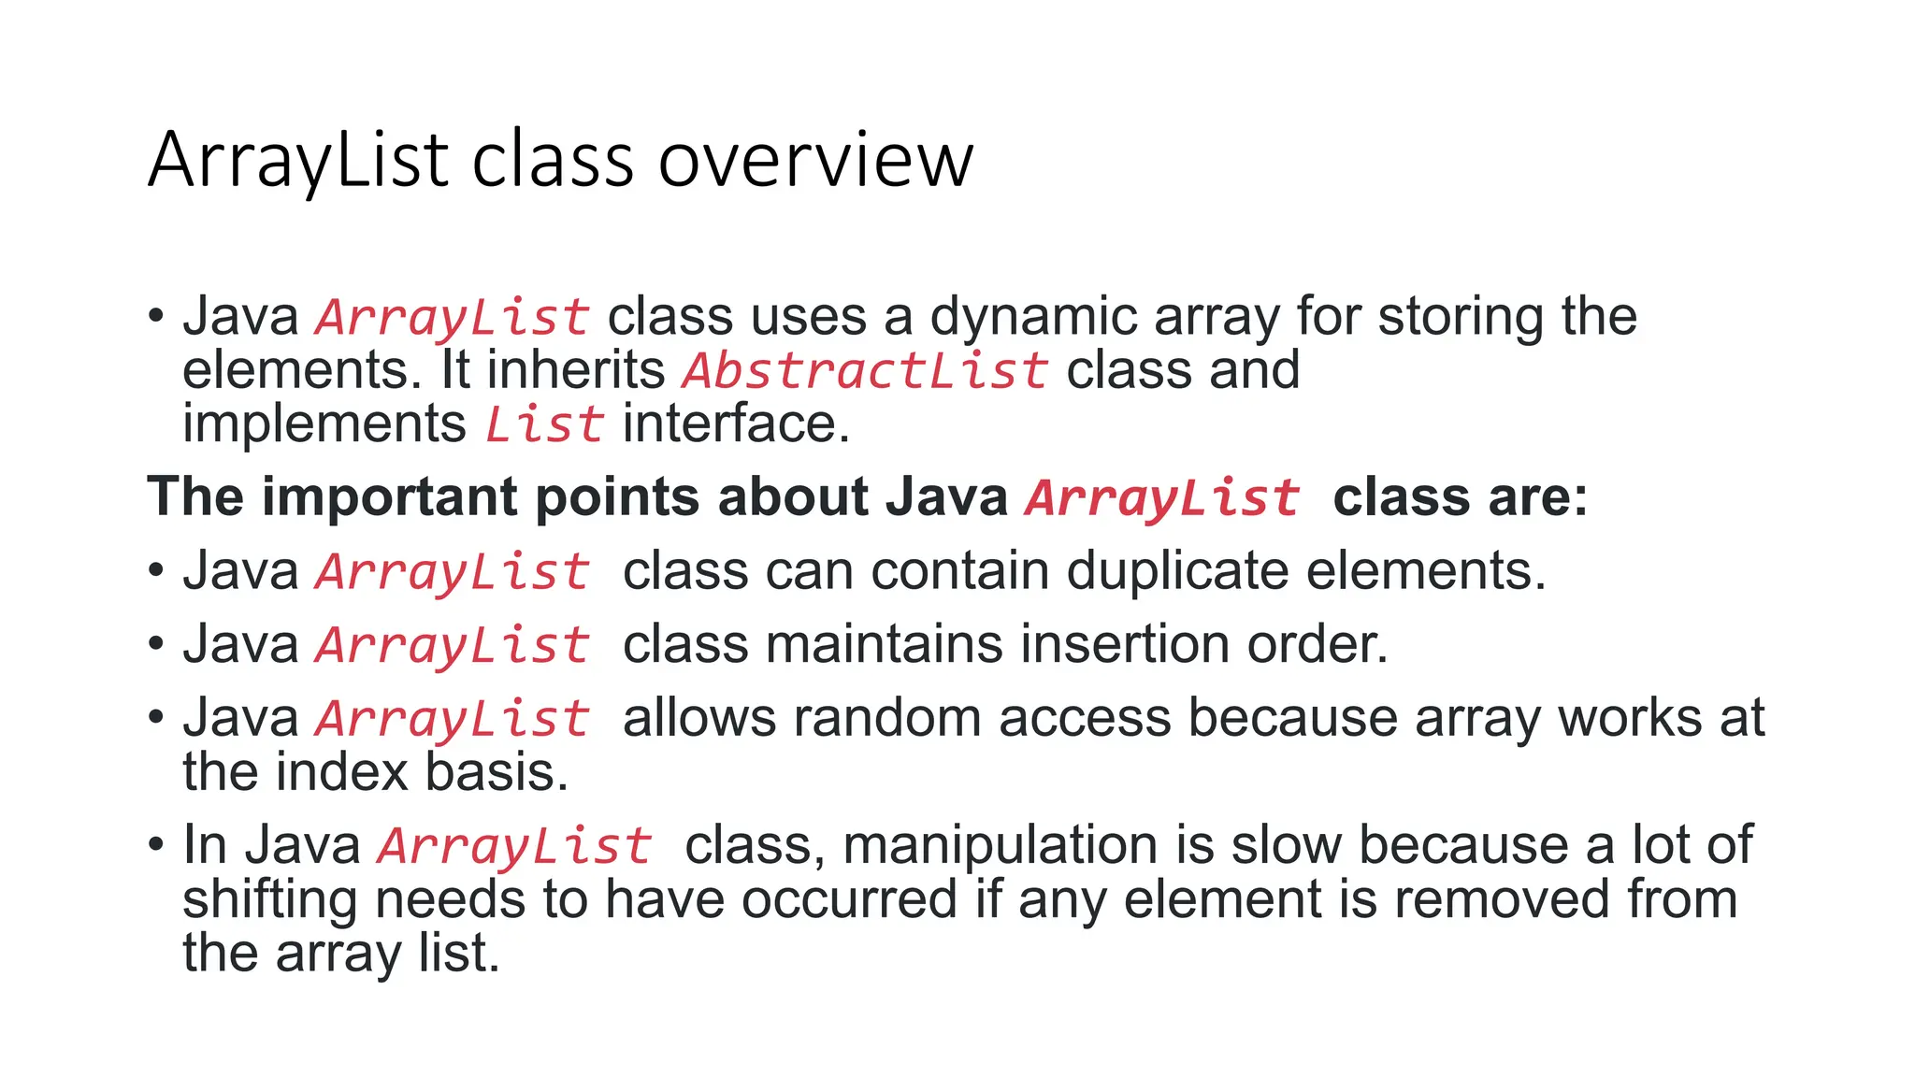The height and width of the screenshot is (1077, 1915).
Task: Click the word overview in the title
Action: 815,161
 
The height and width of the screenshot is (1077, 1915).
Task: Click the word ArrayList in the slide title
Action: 298,161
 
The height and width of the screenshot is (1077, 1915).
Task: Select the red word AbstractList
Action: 865,370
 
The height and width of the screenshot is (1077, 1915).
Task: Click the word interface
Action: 736,424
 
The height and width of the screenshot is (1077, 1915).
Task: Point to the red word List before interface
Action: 544,424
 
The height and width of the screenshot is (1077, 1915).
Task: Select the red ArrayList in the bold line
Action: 1162,496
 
